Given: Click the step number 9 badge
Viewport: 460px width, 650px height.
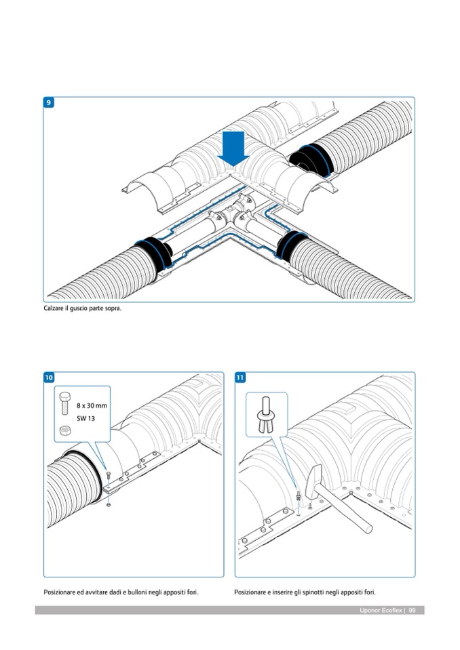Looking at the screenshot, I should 49,102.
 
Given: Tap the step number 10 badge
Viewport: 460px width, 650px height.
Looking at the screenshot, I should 49,378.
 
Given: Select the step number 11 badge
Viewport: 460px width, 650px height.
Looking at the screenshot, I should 240,378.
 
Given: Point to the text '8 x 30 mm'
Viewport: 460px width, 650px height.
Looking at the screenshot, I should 92,406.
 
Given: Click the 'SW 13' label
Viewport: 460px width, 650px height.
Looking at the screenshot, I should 86,418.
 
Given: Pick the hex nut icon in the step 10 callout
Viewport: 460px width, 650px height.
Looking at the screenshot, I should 64,429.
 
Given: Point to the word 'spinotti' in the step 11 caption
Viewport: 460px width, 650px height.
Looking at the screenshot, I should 317,592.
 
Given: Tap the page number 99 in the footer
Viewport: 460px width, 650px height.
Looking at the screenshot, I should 412,610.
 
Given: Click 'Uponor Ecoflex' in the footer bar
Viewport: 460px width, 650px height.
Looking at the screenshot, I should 380,610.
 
